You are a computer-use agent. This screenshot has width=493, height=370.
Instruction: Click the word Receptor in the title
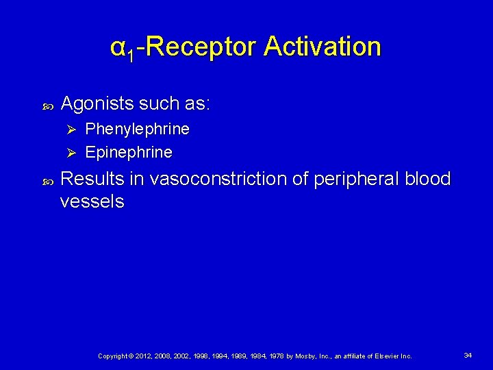click(x=202, y=47)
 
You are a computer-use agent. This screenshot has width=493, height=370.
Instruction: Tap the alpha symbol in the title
click(x=117, y=48)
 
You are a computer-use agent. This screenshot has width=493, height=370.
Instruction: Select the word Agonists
click(x=98, y=103)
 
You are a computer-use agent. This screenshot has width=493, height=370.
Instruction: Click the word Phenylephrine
click(x=137, y=129)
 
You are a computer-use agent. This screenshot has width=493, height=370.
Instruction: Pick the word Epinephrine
click(x=129, y=151)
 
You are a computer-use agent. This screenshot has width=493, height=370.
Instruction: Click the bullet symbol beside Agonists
click(x=48, y=105)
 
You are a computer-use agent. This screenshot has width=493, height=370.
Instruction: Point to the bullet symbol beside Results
click(x=48, y=180)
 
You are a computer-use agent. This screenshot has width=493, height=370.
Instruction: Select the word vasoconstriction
click(x=230, y=179)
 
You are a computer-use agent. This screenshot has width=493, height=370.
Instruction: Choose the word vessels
click(x=92, y=201)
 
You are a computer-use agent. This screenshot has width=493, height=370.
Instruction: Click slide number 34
click(x=468, y=355)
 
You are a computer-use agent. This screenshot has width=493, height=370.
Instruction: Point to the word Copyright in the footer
click(x=112, y=356)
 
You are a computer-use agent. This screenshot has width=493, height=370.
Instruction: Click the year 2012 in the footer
click(x=142, y=356)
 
